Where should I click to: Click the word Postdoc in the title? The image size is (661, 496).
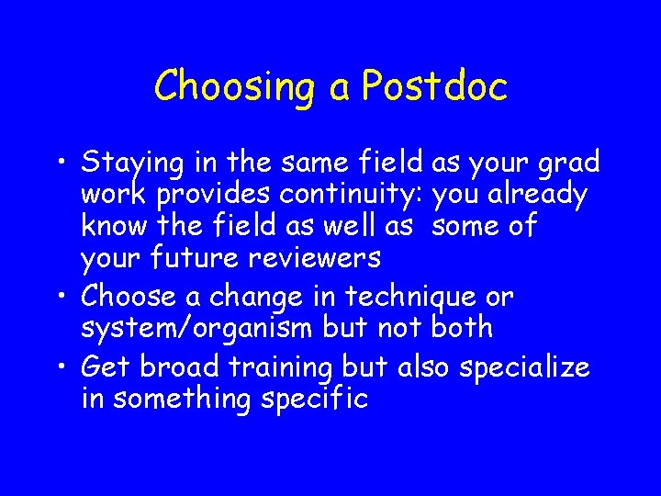434,86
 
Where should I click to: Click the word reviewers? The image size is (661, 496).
316,259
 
